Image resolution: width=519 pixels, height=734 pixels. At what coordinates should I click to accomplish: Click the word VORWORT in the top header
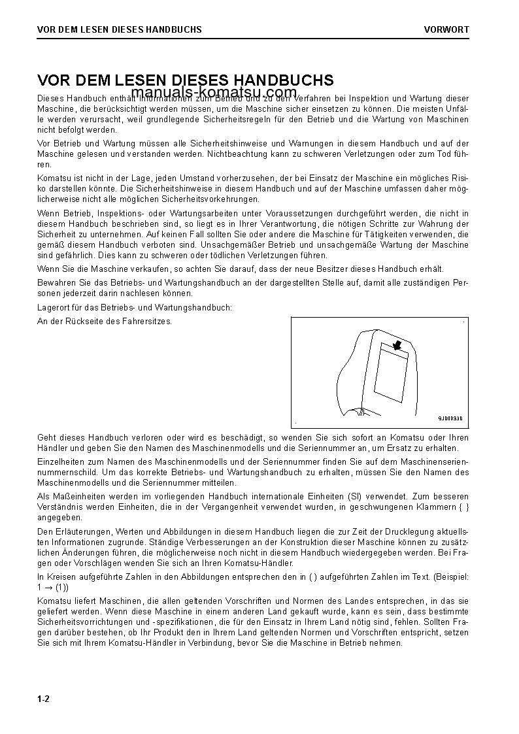[x=446, y=29]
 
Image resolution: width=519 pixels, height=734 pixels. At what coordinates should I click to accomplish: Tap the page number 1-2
[x=44, y=699]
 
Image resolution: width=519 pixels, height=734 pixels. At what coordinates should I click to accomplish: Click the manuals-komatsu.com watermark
[x=214, y=93]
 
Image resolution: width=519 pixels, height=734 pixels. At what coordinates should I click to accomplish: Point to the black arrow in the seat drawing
[x=396, y=344]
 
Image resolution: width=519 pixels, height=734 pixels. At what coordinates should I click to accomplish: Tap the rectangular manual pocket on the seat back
[x=390, y=376]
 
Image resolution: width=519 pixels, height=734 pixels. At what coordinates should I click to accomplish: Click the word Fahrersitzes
[x=150, y=321]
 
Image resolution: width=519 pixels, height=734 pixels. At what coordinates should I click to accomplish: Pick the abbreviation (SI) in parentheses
[x=326, y=497]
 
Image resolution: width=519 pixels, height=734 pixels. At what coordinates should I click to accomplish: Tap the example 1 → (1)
[x=53, y=587]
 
